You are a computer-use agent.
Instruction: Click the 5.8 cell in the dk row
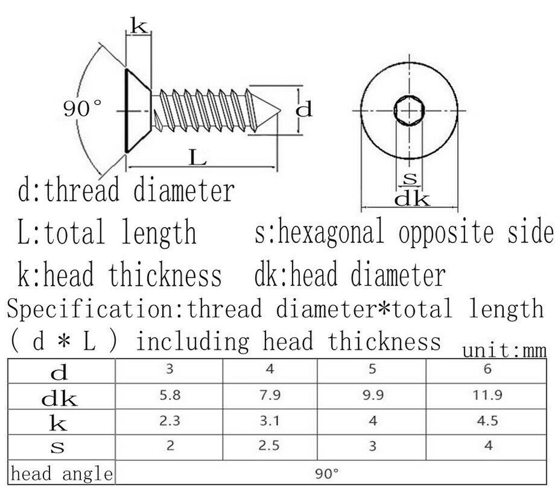[170, 395]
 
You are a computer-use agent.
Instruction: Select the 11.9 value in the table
[487, 395]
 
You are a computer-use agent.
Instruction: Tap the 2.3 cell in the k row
[170, 421]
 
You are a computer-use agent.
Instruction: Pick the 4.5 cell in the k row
[487, 421]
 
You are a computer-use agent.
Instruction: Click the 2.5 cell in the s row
[269, 446]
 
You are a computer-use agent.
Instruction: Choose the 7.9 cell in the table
[270, 395]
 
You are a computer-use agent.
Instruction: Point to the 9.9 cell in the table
[373, 395]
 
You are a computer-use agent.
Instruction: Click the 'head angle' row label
[62, 474]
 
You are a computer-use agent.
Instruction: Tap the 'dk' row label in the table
[59, 398]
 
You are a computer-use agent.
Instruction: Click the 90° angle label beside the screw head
[82, 108]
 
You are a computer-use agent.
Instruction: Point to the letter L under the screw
[197, 157]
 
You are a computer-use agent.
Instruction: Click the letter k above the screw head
[139, 26]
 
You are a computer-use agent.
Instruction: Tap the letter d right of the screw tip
[304, 109]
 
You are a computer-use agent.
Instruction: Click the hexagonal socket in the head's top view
[409, 110]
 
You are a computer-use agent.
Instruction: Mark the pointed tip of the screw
[280, 111]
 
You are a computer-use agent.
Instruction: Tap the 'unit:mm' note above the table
[504, 351]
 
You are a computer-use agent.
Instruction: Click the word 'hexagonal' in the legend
[330, 232]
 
